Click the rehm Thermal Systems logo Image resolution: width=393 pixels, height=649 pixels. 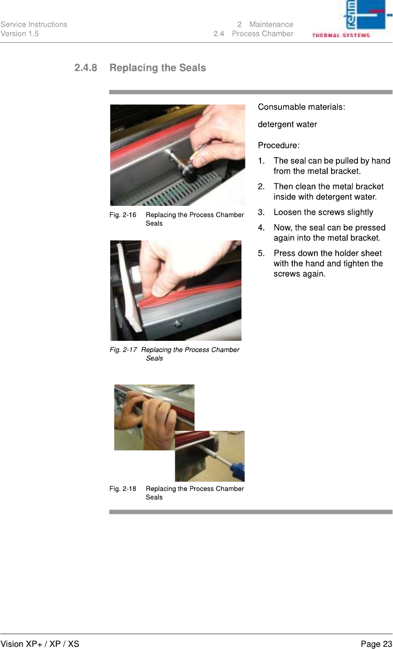(352, 19)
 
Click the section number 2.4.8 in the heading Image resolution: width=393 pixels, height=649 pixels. (86, 68)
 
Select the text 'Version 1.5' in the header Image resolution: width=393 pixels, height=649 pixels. (20, 34)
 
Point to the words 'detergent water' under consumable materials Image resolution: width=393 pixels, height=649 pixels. (287, 124)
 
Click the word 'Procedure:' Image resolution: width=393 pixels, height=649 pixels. (279, 145)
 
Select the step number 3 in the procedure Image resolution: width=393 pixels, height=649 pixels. (261, 212)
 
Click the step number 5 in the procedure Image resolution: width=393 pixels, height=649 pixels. (261, 253)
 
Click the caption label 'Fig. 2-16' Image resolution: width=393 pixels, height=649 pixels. (123, 215)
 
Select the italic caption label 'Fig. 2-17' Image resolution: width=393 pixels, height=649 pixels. (123, 349)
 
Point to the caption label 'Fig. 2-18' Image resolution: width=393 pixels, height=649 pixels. (123, 489)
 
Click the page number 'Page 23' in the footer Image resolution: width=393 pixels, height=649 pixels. (376, 644)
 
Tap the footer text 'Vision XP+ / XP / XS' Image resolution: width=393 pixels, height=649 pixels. (39, 644)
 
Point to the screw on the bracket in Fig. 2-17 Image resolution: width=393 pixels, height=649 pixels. (178, 323)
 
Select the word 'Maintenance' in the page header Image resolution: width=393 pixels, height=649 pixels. (271, 25)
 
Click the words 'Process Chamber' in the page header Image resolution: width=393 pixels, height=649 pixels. (262, 34)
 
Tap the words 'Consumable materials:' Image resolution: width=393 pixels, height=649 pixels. (301, 107)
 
